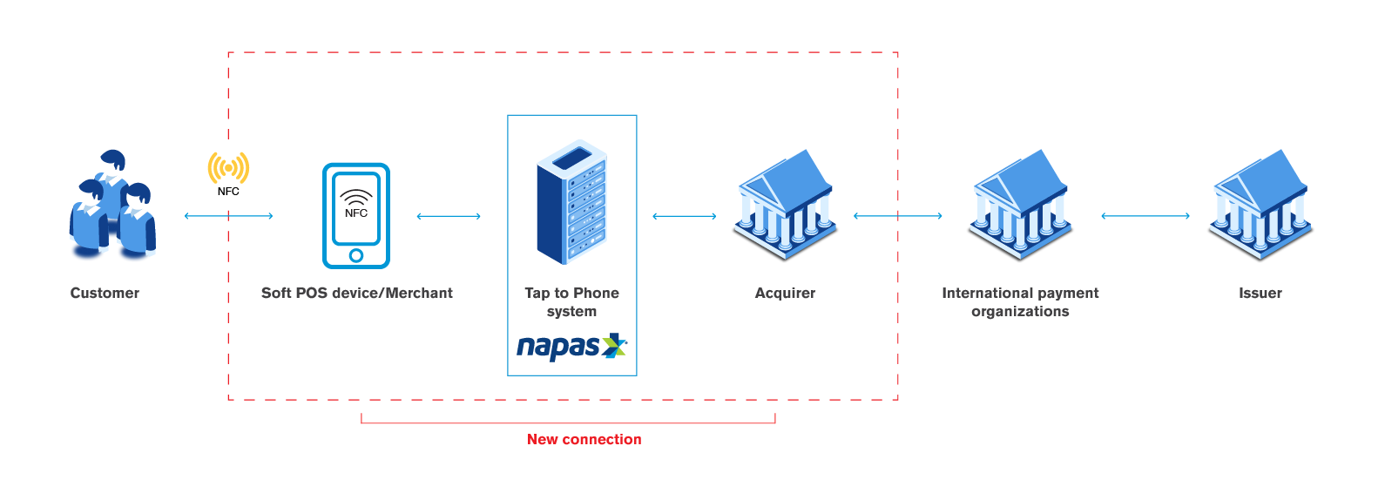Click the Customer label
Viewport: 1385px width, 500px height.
pyautogui.click(x=105, y=294)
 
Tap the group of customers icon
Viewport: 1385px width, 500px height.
pyautogui.click(x=112, y=207)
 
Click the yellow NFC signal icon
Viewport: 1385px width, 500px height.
pyautogui.click(x=228, y=168)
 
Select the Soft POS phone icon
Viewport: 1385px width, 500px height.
pyautogui.click(x=356, y=215)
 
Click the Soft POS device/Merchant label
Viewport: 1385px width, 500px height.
pyautogui.click(x=357, y=294)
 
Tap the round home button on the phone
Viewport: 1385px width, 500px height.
pyautogui.click(x=355, y=255)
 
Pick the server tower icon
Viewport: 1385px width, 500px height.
pyautogui.click(x=571, y=202)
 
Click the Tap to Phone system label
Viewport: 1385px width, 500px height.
pyautogui.click(x=571, y=302)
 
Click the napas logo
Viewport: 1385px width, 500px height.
pyautogui.click(x=571, y=347)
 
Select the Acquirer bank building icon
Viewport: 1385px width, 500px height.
pyautogui.click(x=786, y=206)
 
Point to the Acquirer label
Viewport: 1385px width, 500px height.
pyautogui.click(x=785, y=294)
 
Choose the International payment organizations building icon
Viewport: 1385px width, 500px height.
pyautogui.click(x=1020, y=206)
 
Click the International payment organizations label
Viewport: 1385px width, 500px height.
pyautogui.click(x=1020, y=302)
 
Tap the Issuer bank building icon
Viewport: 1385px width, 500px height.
pyautogui.click(x=1260, y=206)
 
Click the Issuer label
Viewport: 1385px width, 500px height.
pyautogui.click(x=1260, y=294)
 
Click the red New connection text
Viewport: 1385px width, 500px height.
pyautogui.click(x=584, y=440)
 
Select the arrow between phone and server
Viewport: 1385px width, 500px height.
pyautogui.click(x=449, y=216)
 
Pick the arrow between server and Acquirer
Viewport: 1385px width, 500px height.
pyautogui.click(x=684, y=216)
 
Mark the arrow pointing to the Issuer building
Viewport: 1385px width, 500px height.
pyautogui.click(x=1145, y=216)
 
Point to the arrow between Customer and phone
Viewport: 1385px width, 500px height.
pyautogui.click(x=228, y=216)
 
